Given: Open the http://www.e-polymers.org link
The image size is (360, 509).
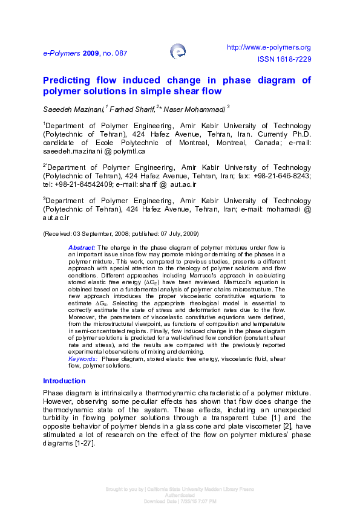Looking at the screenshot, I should point(268,47).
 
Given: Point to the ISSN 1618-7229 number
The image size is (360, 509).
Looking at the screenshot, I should point(284,60).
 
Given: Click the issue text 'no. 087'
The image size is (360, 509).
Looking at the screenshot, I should point(114,53).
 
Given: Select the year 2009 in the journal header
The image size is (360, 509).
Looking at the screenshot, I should point(91,53).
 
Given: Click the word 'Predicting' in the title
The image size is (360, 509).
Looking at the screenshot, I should point(67,80).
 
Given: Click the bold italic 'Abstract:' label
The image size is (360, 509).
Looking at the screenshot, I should point(82,248).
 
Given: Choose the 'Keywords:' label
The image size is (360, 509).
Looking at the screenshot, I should point(83,359).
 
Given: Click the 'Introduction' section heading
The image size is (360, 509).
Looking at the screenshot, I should point(64,381).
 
